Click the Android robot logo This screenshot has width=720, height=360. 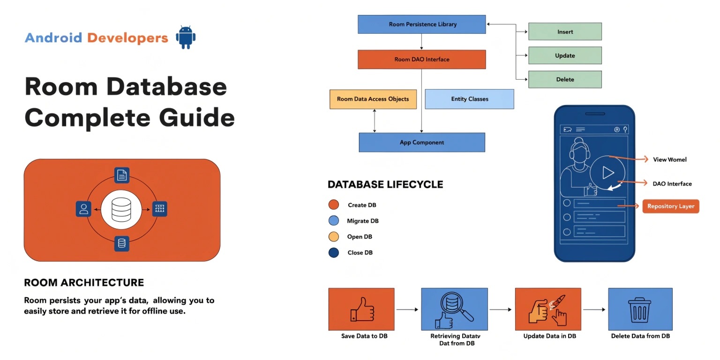coord(186,37)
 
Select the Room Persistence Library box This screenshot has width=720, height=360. coord(422,24)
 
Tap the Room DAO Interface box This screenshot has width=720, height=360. coord(422,60)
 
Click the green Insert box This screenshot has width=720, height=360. coord(565,31)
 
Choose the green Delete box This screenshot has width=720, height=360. coord(565,79)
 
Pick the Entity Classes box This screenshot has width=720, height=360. coord(469,99)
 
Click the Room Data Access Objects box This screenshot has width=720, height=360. coord(373,99)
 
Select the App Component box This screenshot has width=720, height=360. coord(422,142)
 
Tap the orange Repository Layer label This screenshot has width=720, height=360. coord(671,206)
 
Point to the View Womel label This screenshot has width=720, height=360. coord(669,160)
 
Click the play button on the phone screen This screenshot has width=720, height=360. coord(607,172)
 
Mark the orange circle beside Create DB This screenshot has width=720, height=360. coord(334,205)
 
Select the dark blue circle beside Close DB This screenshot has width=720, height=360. coord(334,253)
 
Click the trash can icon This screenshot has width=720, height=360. coord(639,310)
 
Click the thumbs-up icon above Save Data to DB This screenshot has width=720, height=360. coord(362,309)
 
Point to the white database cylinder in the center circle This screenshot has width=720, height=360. coord(121,210)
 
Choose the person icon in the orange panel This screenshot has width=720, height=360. coord(83,209)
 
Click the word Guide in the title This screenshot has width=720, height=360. coord(197,118)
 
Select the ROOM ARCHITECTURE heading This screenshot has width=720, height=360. coord(84,283)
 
